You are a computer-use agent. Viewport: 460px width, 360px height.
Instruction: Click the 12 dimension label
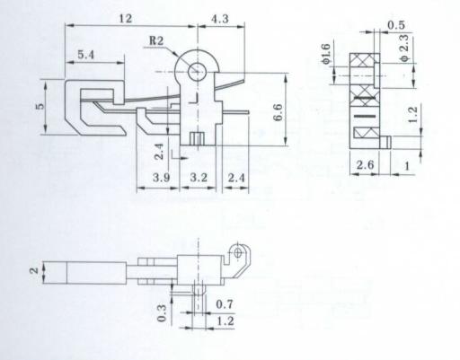click(126, 19)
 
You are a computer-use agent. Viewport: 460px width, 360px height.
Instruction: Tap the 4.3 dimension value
click(220, 19)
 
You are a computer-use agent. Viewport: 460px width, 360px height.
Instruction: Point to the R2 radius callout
click(156, 40)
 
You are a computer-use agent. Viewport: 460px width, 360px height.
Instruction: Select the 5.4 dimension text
click(86, 55)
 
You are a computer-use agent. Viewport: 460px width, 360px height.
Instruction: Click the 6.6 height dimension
click(278, 112)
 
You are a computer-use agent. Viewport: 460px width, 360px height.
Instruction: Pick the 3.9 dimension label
click(161, 178)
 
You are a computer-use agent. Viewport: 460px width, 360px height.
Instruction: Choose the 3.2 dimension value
click(199, 178)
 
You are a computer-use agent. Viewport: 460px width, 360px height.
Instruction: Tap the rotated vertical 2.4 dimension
click(159, 152)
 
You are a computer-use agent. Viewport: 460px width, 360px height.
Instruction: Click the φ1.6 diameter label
click(326, 54)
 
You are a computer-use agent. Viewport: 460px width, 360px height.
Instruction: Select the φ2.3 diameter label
click(404, 48)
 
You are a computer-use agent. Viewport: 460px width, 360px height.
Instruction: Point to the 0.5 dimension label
click(396, 25)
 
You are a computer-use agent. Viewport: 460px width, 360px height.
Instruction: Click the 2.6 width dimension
click(365, 164)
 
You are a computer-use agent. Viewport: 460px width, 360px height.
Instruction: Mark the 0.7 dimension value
click(225, 304)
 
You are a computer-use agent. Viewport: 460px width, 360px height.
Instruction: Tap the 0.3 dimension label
click(162, 313)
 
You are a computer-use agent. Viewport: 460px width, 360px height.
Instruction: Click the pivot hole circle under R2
click(198, 72)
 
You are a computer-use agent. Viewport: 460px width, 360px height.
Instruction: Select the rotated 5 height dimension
click(40, 106)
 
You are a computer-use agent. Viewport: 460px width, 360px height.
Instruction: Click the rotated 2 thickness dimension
click(34, 270)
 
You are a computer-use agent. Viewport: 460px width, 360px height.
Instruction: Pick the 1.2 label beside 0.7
click(225, 321)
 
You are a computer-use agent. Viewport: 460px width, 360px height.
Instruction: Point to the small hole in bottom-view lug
click(238, 252)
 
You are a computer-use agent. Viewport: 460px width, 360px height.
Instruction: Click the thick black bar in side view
click(364, 116)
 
